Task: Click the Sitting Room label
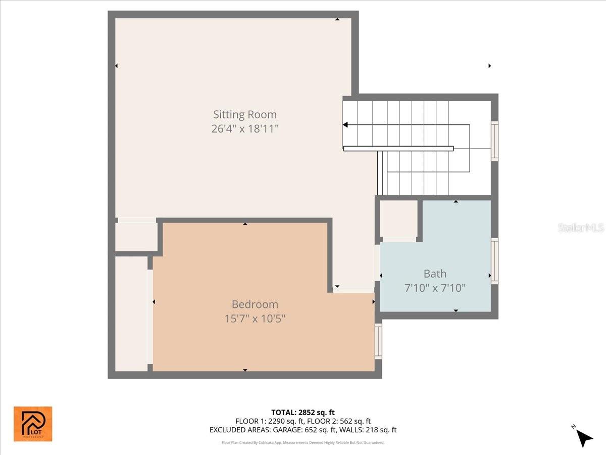click(x=244, y=114)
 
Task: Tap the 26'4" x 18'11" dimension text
click(x=244, y=129)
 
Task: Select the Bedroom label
click(x=255, y=304)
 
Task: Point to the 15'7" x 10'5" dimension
click(x=255, y=318)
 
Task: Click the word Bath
click(x=435, y=274)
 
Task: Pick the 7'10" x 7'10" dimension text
click(x=435, y=288)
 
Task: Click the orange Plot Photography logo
click(x=32, y=424)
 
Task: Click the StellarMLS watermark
click(x=580, y=228)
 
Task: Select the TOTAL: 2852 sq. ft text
click(x=302, y=412)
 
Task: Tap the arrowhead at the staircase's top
click(x=345, y=125)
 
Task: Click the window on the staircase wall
click(x=494, y=141)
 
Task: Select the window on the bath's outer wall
click(x=494, y=260)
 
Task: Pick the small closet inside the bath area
click(x=398, y=219)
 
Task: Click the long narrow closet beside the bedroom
click(x=130, y=313)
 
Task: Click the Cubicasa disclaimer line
click(x=302, y=442)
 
